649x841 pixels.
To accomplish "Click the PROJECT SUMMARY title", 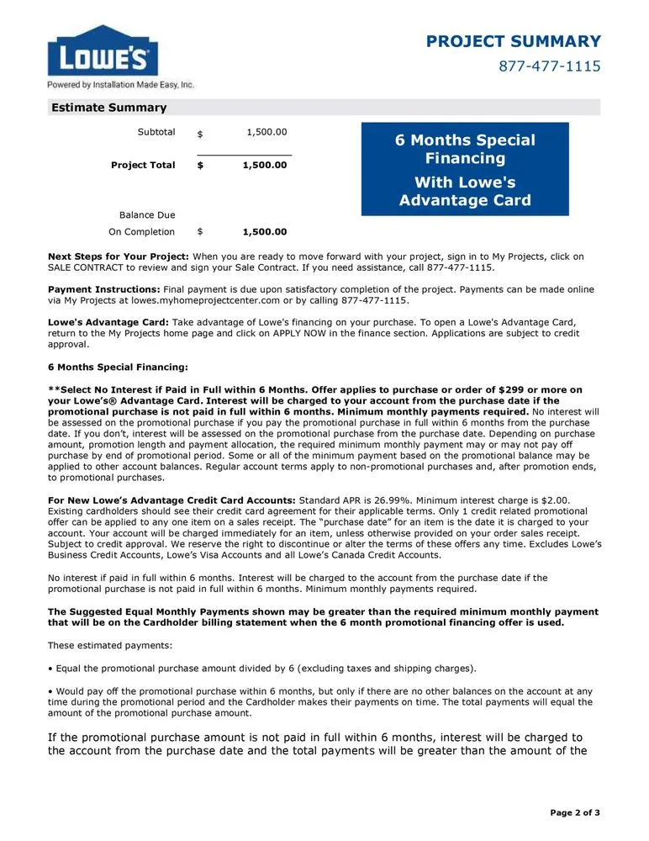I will tap(513, 41).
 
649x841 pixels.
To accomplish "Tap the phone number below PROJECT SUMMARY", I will tap(549, 66).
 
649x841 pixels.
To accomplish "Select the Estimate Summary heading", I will tap(109, 108).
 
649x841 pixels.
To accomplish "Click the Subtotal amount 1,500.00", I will tap(266, 132).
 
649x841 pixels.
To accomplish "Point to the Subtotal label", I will tap(156, 132).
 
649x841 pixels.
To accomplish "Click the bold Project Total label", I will tap(143, 165).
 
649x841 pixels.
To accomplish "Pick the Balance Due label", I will tap(147, 214).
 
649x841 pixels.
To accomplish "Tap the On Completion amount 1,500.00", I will tap(265, 232).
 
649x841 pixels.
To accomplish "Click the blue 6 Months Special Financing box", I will tap(465, 169).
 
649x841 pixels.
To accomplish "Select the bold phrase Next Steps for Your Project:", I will tap(119, 257).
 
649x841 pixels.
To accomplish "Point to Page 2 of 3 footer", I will tap(574, 812).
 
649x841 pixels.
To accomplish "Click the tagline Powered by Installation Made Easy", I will tap(120, 85).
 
